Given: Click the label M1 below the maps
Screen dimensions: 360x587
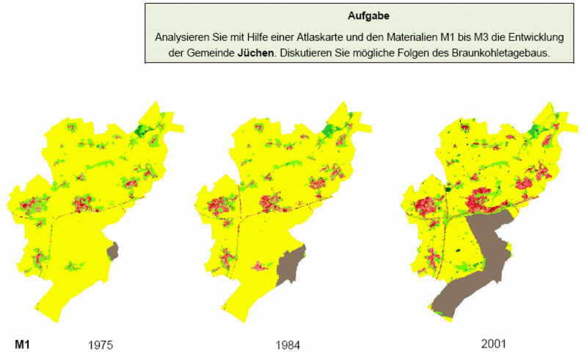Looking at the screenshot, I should click(23, 343).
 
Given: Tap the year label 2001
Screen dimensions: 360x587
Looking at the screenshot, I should click(489, 343).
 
